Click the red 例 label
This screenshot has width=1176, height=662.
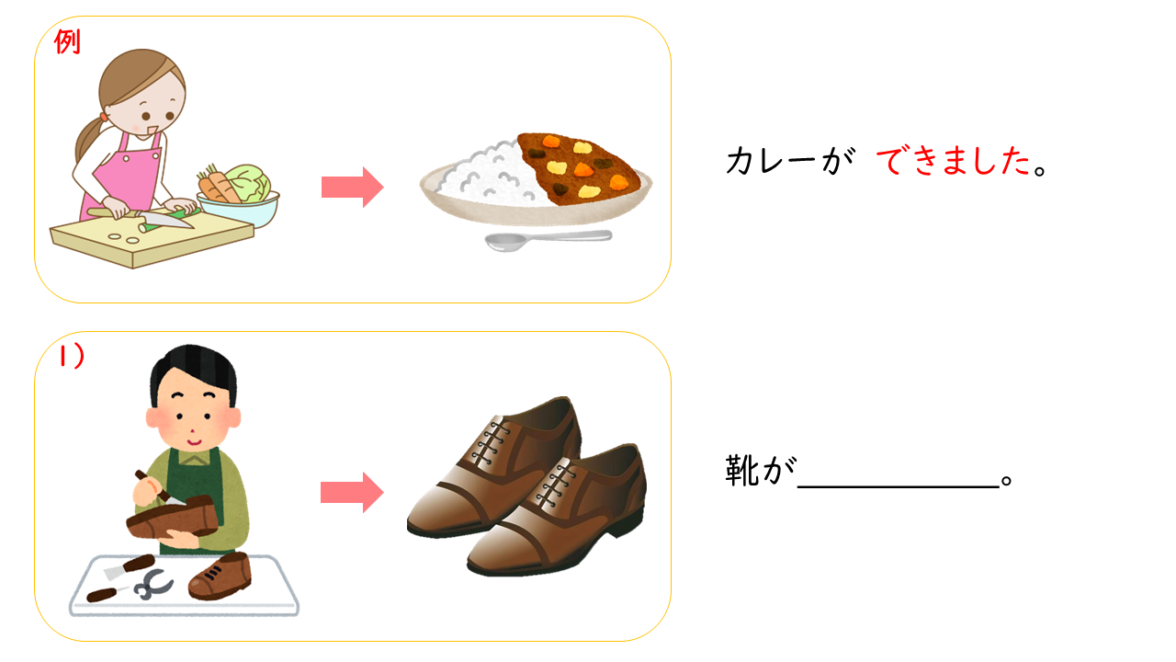[x=67, y=41]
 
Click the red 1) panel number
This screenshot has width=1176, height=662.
[x=72, y=356]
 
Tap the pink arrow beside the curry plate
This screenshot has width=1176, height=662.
[x=352, y=187]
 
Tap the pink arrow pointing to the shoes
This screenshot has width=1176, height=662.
[x=352, y=492]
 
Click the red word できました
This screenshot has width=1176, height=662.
[x=954, y=161]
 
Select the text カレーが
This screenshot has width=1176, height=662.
[x=790, y=160]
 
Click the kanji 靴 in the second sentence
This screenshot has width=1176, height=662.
[x=741, y=471]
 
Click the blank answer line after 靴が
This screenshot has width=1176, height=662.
[x=899, y=487]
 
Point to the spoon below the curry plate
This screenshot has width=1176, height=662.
[x=548, y=241]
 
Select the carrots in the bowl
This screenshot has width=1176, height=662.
[x=216, y=185]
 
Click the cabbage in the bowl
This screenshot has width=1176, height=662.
[x=248, y=183]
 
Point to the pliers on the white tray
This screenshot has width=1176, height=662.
[x=153, y=584]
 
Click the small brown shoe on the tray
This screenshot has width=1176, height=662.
[x=220, y=576]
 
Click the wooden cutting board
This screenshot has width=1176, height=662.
[x=152, y=239]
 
